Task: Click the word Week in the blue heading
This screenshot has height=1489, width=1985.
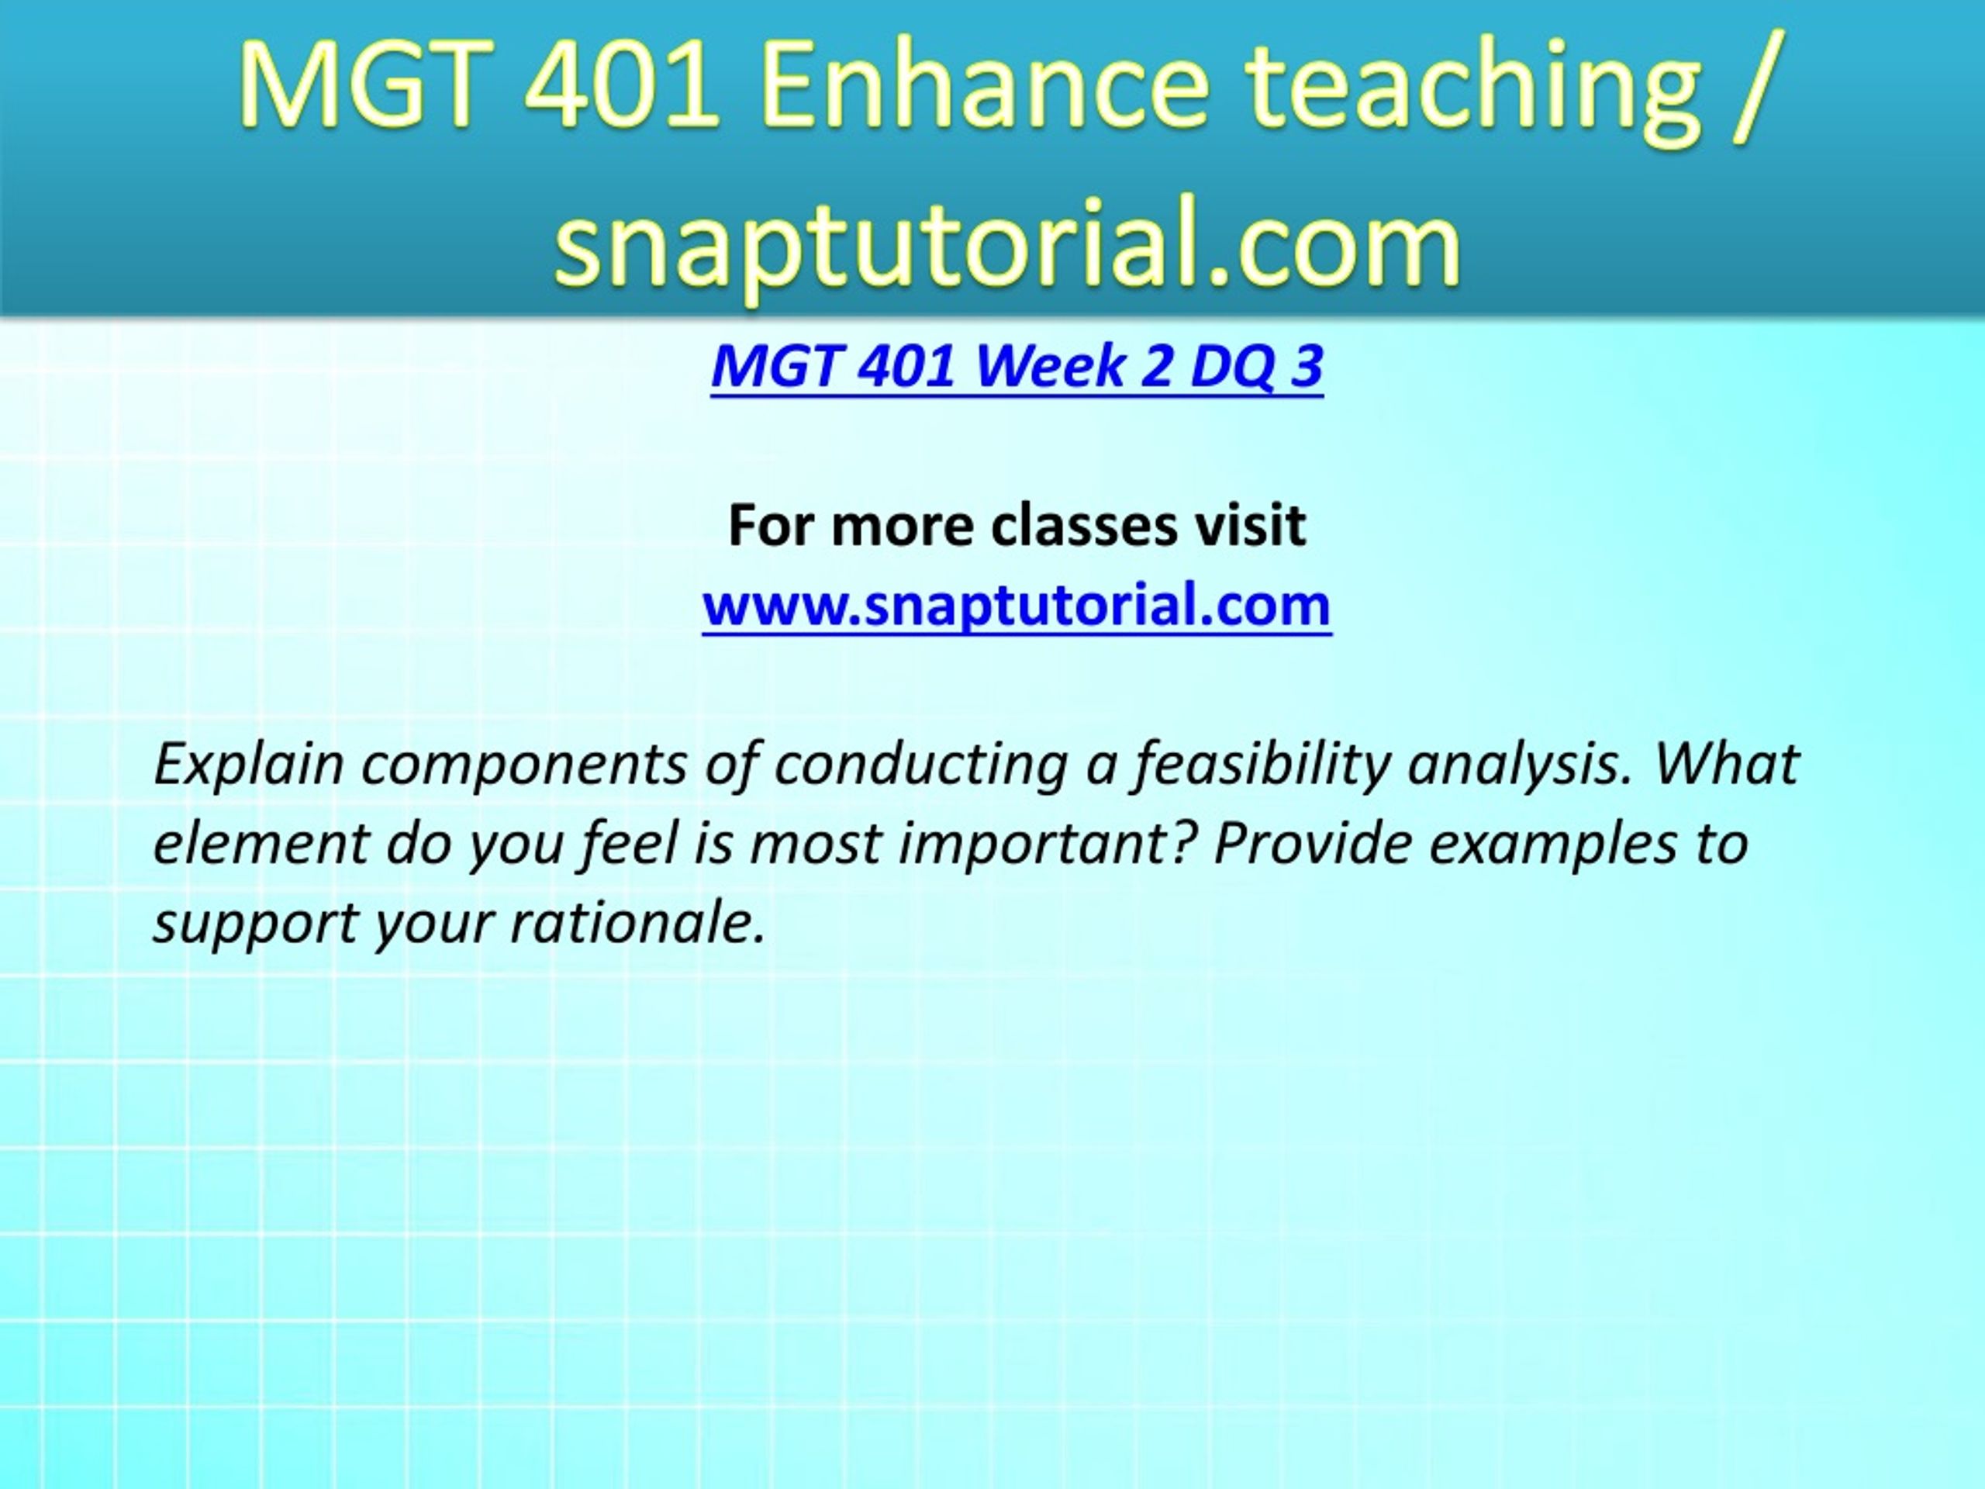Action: tap(1049, 365)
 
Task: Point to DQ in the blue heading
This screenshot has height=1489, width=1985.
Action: tap(1232, 367)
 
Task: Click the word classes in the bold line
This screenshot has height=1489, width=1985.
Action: tap(1084, 525)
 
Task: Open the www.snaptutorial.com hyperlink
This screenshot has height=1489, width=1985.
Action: tap(1017, 606)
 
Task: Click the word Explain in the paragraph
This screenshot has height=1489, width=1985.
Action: tap(250, 765)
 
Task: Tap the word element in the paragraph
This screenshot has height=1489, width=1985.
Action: tap(261, 845)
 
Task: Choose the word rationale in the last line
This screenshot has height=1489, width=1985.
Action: tap(638, 923)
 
